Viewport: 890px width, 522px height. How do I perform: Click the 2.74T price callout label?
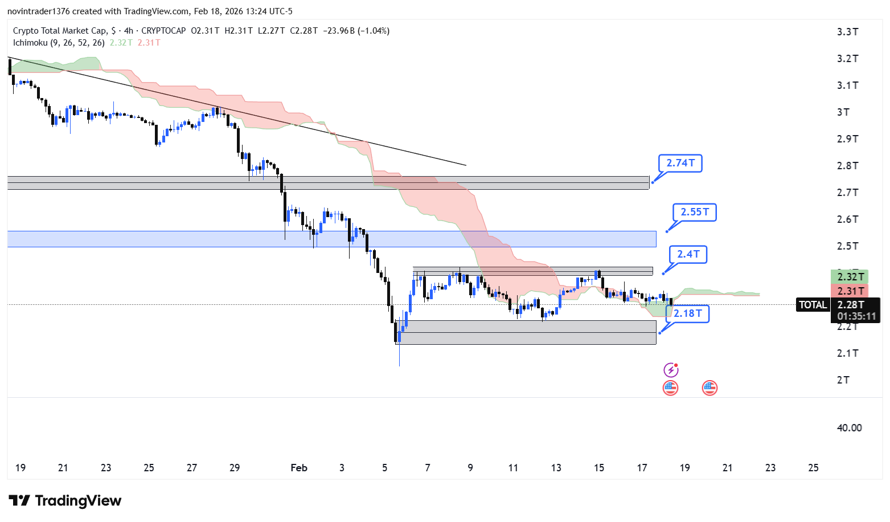(x=680, y=163)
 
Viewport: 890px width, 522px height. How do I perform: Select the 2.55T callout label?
(x=694, y=212)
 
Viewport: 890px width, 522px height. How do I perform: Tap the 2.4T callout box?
(x=688, y=254)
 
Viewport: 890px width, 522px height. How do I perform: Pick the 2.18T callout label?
(x=687, y=313)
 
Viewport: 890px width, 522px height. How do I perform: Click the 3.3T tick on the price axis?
(x=847, y=32)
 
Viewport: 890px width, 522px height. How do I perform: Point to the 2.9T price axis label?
(x=847, y=139)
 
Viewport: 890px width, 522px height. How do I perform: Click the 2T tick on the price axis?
(x=843, y=380)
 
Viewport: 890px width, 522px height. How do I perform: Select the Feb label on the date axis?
(x=299, y=468)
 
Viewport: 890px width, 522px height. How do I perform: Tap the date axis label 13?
(x=556, y=468)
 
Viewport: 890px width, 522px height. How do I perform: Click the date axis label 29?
(x=235, y=468)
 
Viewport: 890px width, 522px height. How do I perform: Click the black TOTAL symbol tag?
(x=813, y=305)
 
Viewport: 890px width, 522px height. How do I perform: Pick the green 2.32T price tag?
(x=850, y=277)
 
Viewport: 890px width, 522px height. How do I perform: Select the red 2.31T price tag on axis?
(x=850, y=291)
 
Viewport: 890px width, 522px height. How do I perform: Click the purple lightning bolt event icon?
(x=671, y=370)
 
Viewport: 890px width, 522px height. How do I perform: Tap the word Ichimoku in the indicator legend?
(x=30, y=43)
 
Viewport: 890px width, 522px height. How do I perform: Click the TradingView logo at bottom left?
(x=65, y=501)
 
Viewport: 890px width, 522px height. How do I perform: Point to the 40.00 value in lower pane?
(x=849, y=428)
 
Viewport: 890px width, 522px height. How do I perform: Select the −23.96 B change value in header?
(x=340, y=31)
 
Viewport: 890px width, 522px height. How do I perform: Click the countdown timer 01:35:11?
(x=856, y=316)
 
